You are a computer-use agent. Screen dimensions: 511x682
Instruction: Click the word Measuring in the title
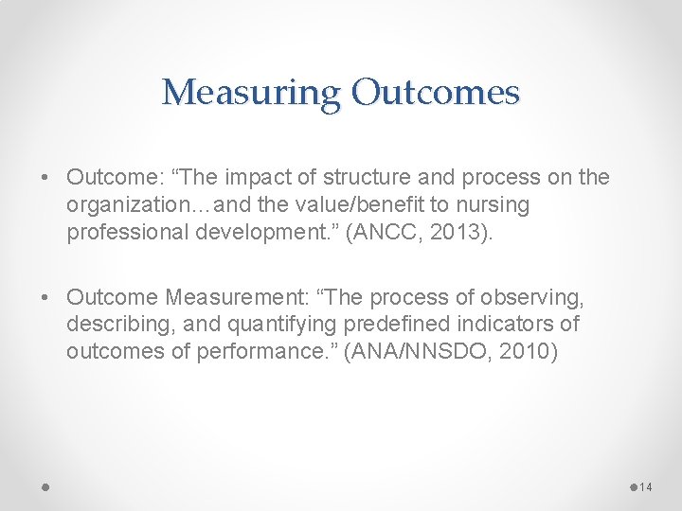(251, 93)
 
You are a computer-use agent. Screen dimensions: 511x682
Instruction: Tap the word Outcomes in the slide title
(436, 93)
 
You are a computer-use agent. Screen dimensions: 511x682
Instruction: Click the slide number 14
(647, 486)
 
